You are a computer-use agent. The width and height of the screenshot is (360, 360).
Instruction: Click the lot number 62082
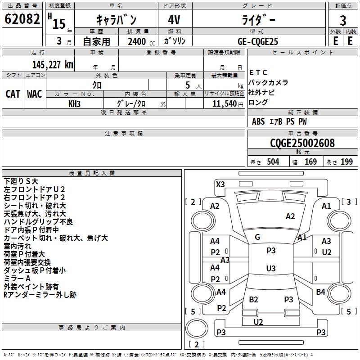[22, 20]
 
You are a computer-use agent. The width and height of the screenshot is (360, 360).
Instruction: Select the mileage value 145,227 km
[53, 64]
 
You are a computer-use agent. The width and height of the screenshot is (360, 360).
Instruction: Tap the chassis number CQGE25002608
[302, 144]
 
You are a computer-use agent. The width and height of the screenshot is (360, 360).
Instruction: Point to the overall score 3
[343, 20]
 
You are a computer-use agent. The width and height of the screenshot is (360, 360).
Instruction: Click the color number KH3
[74, 103]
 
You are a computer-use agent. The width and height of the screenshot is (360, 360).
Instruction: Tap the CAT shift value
[13, 94]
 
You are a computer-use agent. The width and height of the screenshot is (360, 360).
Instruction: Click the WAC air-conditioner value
[35, 94]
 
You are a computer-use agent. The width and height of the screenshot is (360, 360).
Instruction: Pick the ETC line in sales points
[258, 72]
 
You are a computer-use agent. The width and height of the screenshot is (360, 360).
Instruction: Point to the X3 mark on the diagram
[220, 184]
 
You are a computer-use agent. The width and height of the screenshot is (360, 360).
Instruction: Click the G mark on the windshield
[257, 237]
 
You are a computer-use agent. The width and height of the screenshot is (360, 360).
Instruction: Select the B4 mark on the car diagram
[320, 292]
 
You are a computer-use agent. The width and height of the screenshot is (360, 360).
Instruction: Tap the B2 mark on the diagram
[254, 299]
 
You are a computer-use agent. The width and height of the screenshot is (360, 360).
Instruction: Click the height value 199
[346, 162]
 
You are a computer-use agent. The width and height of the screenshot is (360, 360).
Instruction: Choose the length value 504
[273, 162]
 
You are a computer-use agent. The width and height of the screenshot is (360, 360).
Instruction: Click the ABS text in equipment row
[258, 121]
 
